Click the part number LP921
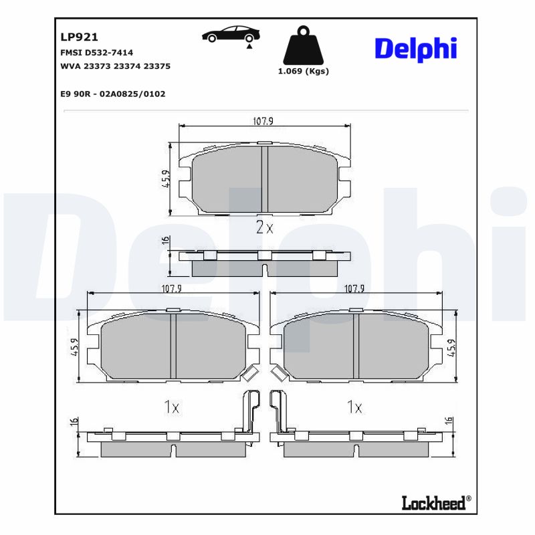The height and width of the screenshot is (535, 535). pyautogui.click(x=79, y=38)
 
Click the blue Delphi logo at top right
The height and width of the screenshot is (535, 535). pyautogui.click(x=415, y=49)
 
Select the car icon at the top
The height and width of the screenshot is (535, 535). pyautogui.click(x=231, y=34)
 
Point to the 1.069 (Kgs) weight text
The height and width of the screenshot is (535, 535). pyautogui.click(x=303, y=71)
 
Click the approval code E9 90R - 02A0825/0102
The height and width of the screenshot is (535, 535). pyautogui.click(x=112, y=94)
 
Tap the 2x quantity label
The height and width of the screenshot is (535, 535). pyautogui.click(x=265, y=227)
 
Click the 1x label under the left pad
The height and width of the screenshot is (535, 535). pyautogui.click(x=173, y=406)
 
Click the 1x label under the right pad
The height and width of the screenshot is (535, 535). pyautogui.click(x=354, y=406)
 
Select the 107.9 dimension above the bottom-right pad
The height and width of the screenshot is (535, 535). pyautogui.click(x=354, y=289)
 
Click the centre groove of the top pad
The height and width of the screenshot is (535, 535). pyautogui.click(x=264, y=179)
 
